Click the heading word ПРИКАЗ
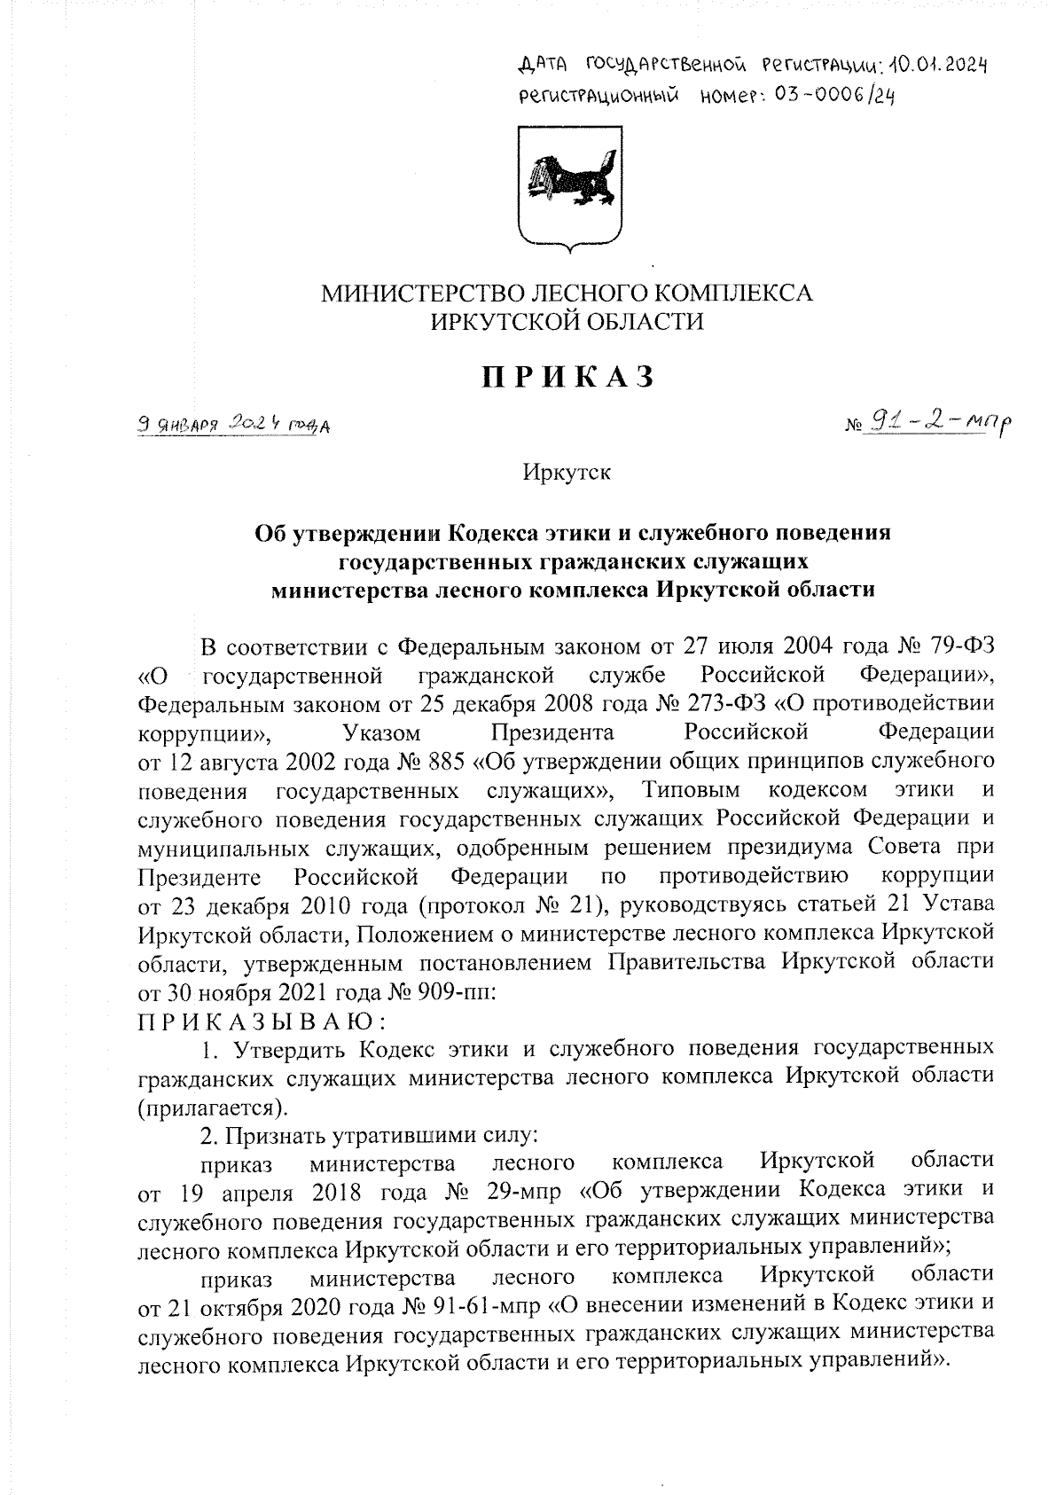(568, 378)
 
